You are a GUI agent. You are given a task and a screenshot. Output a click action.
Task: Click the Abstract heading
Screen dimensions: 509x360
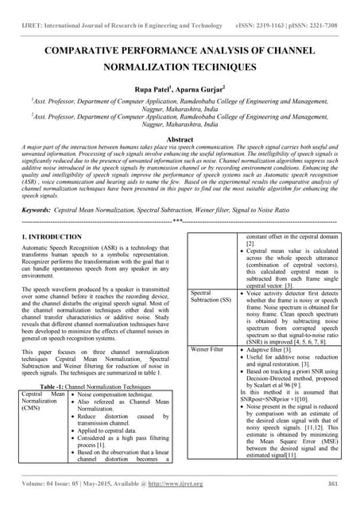pyautogui.click(x=180, y=138)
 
